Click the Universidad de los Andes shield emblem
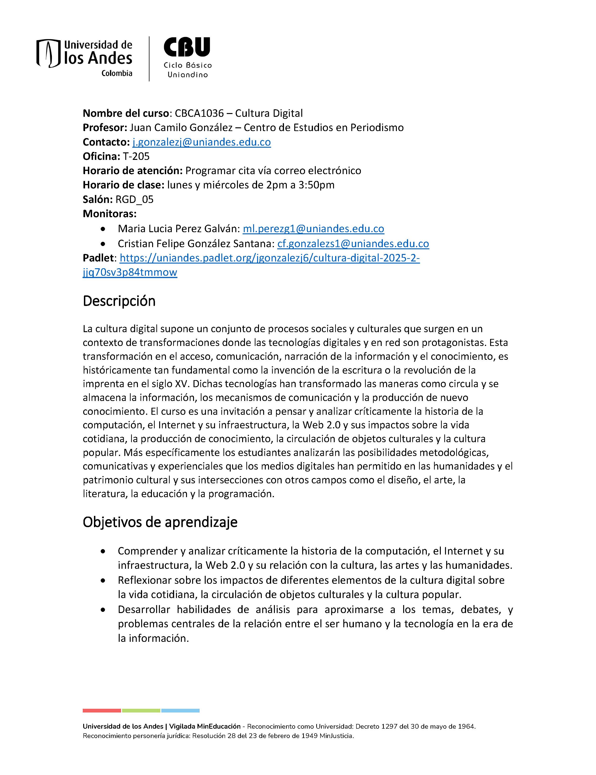[49, 53]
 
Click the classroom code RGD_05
[134, 199]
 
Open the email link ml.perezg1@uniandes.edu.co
[313, 228]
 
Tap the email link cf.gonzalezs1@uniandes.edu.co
[353, 243]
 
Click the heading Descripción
[119, 301]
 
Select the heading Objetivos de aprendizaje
[160, 522]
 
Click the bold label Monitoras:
[109, 214]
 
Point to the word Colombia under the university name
[117, 73]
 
